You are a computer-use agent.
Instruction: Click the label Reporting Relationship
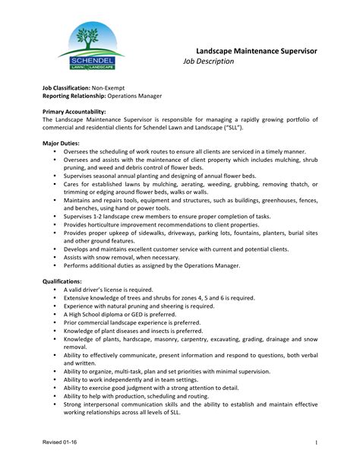pos(74,97)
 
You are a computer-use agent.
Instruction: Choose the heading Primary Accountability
pos(74,112)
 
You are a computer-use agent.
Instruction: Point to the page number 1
pos(314,442)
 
